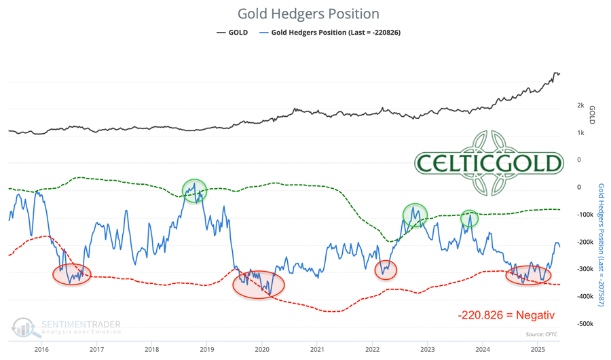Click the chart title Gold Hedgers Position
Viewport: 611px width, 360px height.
(x=308, y=14)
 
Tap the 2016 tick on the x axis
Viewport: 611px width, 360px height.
(x=41, y=349)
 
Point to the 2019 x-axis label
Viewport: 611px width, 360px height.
(x=206, y=349)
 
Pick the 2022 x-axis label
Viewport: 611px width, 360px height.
(x=372, y=349)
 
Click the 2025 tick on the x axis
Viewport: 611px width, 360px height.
(x=538, y=349)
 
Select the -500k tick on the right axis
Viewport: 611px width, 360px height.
(x=585, y=324)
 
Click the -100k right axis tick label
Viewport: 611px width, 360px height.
(x=585, y=215)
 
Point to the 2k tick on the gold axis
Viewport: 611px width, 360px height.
(x=580, y=105)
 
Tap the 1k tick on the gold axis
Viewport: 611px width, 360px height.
(x=580, y=132)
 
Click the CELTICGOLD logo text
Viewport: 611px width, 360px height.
(x=489, y=163)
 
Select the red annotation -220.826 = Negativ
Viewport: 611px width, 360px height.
(x=506, y=314)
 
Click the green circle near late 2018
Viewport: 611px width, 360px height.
(x=194, y=191)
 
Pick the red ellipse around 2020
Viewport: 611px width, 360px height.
(x=258, y=285)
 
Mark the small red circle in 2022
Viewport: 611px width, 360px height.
(x=386, y=270)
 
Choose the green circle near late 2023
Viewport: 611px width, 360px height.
(x=469, y=219)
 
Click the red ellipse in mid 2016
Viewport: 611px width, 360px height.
(x=71, y=274)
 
